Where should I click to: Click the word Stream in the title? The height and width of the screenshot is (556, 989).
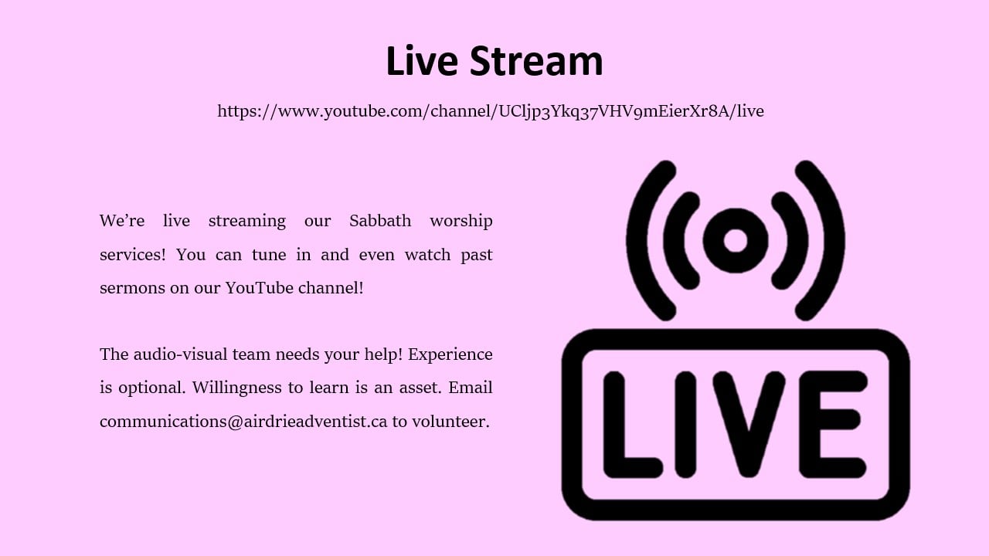(536, 61)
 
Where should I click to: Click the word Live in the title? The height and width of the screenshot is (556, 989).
(422, 61)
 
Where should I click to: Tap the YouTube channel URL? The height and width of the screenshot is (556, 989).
(491, 111)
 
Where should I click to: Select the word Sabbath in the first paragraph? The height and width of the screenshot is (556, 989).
(379, 221)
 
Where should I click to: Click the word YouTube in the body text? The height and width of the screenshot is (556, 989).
(260, 288)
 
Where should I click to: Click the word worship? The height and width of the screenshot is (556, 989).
(461, 222)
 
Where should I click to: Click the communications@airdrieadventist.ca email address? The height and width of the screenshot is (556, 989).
(243, 422)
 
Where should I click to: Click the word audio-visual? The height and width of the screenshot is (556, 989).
(180, 354)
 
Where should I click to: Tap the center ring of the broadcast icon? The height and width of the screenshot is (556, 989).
(736, 240)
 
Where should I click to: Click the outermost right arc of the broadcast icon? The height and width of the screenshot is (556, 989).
(834, 240)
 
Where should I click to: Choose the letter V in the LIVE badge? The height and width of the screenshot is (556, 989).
(749, 425)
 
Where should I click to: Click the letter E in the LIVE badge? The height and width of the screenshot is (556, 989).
(833, 425)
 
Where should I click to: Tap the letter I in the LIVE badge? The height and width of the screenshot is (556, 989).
(685, 425)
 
